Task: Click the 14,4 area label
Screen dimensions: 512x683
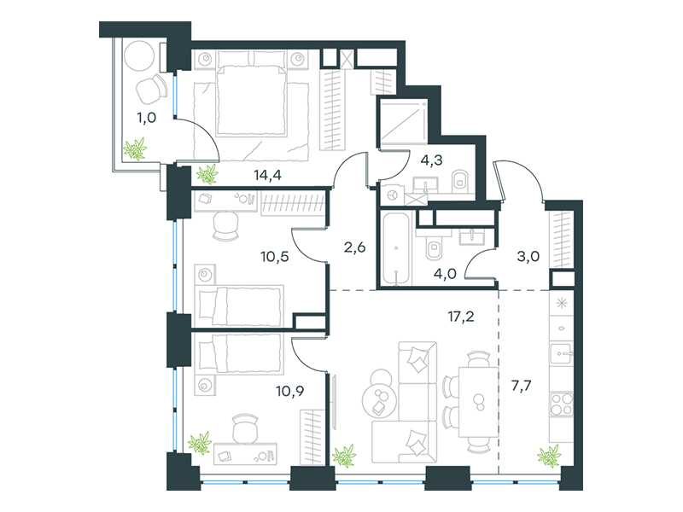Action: pyautogui.click(x=267, y=176)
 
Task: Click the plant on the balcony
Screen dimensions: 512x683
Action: pyautogui.click(x=135, y=149)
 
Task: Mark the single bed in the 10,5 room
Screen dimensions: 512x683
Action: pyautogui.click(x=239, y=305)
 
